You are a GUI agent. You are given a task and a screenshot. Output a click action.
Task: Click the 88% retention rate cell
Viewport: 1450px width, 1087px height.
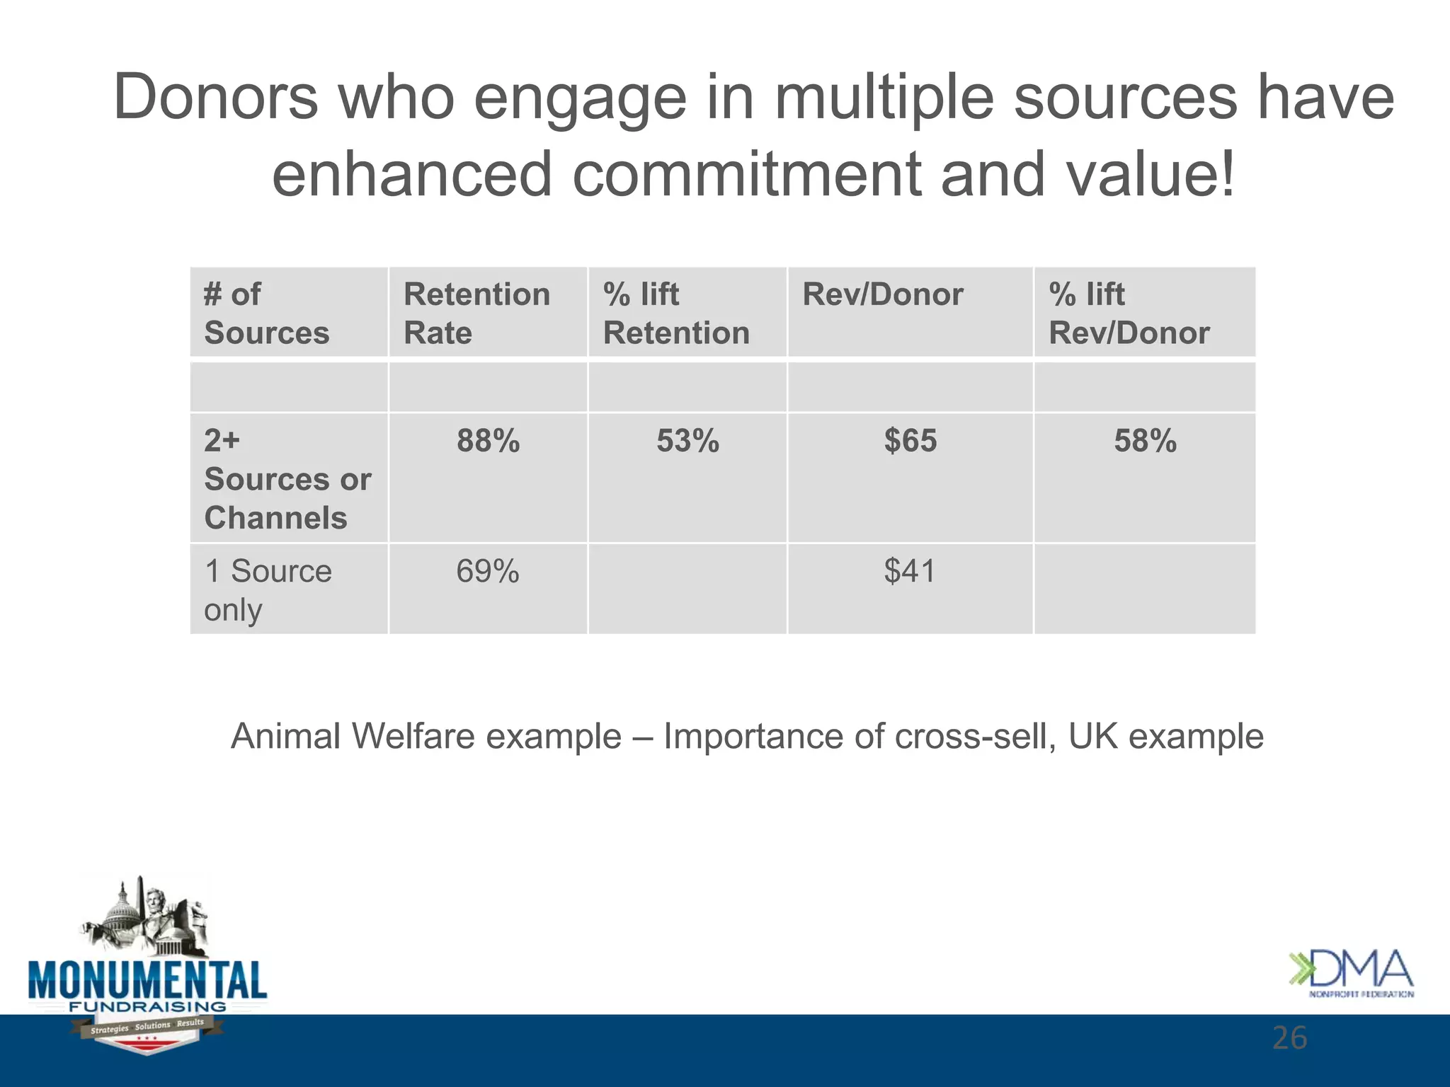click(488, 441)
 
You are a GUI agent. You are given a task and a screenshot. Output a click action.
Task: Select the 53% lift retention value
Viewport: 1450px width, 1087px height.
click(687, 441)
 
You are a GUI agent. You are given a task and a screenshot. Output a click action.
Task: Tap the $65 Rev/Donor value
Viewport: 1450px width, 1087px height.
click(910, 441)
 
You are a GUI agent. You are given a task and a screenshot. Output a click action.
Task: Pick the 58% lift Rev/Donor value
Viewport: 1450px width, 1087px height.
click(1145, 441)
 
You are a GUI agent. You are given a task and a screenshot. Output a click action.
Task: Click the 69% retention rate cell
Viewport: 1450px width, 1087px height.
click(488, 571)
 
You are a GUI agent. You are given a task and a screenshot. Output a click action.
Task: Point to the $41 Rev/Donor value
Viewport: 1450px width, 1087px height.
click(910, 571)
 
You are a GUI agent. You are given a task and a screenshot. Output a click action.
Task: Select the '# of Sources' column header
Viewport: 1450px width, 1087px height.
click(267, 313)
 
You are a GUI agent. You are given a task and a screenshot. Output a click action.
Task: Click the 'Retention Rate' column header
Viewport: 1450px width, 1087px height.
click(476, 313)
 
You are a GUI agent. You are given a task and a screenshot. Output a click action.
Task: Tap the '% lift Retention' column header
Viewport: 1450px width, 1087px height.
click(676, 313)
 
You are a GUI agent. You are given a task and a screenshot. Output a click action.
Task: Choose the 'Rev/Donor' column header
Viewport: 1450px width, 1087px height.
click(882, 294)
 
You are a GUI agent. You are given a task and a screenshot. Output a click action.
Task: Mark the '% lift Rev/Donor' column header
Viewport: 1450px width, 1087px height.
click(1129, 313)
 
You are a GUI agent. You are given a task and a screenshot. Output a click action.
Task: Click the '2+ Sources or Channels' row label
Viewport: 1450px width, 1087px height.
click(287, 479)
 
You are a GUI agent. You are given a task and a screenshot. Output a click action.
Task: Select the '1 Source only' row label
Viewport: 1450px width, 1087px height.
click(268, 590)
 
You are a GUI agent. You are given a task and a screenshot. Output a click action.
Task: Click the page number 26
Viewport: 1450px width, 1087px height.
click(1289, 1038)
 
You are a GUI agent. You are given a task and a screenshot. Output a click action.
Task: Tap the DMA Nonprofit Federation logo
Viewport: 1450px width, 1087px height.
click(1351, 974)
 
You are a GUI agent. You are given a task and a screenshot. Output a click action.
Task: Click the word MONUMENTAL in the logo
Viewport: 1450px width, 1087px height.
click(147, 981)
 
